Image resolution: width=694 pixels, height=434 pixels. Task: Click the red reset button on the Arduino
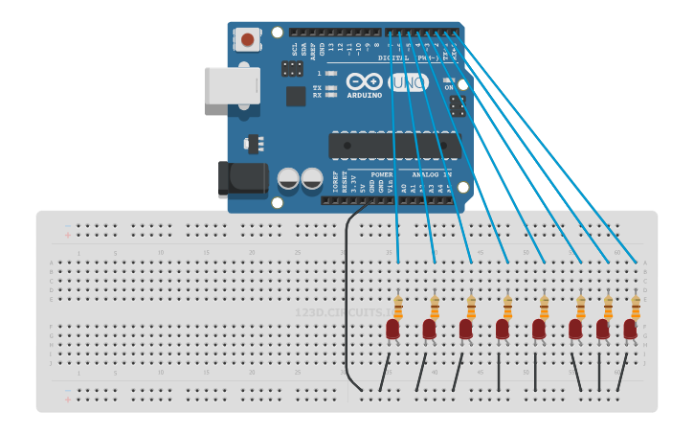[x=248, y=39]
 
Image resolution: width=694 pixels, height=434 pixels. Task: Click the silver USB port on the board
[x=232, y=85]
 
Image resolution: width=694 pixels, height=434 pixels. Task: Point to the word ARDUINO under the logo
[x=365, y=95]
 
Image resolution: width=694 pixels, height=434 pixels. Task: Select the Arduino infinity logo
[x=365, y=81]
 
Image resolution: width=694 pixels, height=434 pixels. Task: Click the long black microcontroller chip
[x=394, y=146]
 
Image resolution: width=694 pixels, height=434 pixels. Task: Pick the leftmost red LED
[x=392, y=330]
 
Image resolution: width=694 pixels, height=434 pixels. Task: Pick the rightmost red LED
[x=630, y=330]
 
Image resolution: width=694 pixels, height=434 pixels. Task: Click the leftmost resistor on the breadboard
[x=398, y=307]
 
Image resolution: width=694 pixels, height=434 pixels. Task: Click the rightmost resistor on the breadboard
[x=636, y=307]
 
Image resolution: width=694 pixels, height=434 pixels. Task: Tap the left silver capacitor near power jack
[x=288, y=178]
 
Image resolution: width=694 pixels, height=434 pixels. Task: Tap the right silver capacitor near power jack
[x=312, y=178]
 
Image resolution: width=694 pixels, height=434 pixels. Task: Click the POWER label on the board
[x=369, y=175]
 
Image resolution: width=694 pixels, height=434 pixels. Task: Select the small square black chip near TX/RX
[x=296, y=96]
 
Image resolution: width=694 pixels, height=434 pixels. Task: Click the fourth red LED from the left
[x=502, y=330]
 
